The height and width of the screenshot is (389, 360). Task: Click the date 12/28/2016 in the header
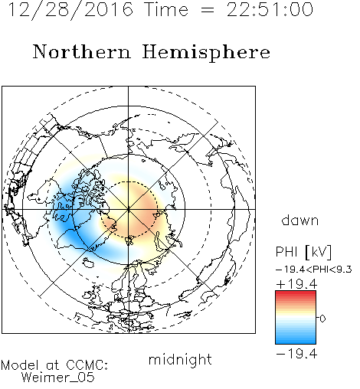coord(70,10)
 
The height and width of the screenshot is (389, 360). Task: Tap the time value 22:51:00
coord(270,9)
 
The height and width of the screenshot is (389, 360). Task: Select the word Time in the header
coord(166,9)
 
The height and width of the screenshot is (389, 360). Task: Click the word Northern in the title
coord(82,51)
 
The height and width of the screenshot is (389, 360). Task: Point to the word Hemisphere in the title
coord(206,53)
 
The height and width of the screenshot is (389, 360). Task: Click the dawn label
coord(300,220)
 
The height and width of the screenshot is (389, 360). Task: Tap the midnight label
coord(180,359)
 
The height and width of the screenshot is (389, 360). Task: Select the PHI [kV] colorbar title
coord(303,252)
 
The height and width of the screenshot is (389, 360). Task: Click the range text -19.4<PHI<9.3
coord(314,270)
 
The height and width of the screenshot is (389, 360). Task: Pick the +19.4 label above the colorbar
coord(296,284)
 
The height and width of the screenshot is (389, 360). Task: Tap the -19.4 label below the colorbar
coord(296,354)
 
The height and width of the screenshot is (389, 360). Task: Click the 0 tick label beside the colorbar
coord(322,319)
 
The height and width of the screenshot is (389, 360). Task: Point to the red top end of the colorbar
coord(296,293)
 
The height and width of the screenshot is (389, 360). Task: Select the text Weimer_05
coord(58,378)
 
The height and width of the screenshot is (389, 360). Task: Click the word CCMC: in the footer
coord(87,365)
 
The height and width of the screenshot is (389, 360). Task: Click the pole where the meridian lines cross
coord(129,209)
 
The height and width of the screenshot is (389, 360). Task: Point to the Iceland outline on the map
coord(88,262)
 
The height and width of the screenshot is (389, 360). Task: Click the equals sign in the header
coord(208,10)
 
